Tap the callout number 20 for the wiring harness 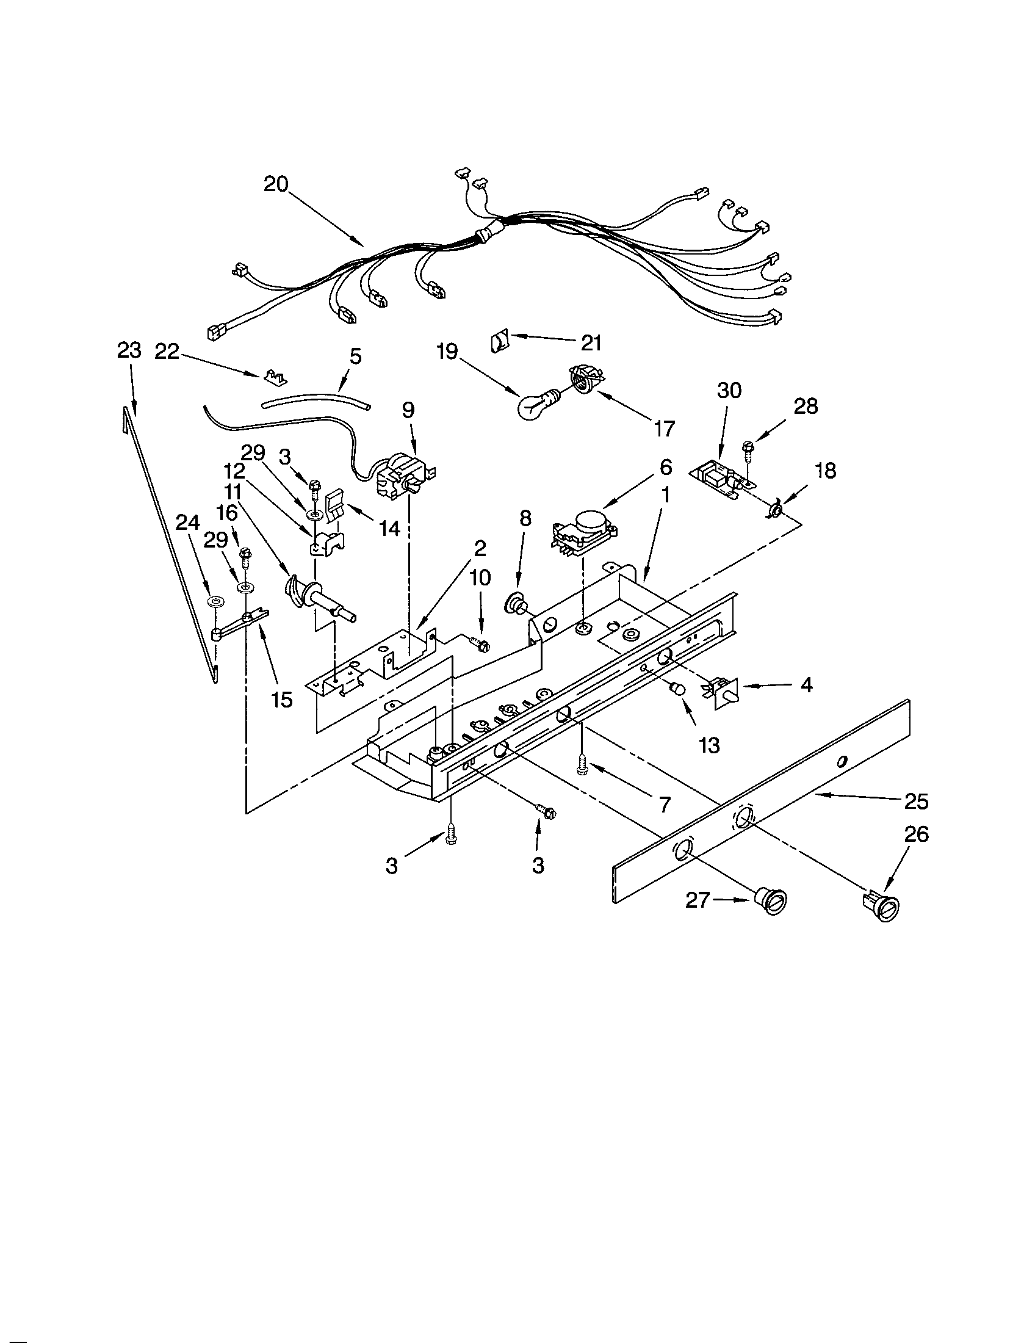[x=276, y=184]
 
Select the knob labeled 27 [x=771, y=902]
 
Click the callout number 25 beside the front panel [x=916, y=802]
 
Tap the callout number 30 [x=729, y=391]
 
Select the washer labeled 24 [x=214, y=600]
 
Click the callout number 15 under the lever [x=282, y=699]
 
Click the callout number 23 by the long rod [x=129, y=351]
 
